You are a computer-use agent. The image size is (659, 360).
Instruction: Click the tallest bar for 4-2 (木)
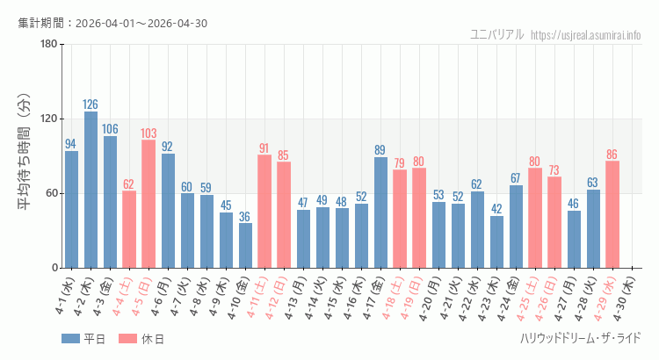coord(91,190)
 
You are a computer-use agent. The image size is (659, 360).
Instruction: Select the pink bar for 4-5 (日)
coord(148,204)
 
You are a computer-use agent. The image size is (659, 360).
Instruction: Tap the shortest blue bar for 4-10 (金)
coord(245,245)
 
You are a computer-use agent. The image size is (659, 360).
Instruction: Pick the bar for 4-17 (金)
coord(380,212)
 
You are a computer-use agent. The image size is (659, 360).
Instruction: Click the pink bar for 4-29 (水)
coord(612,214)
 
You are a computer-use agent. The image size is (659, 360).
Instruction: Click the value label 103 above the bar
coord(148,133)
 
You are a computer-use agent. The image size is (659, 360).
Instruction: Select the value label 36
coord(245,217)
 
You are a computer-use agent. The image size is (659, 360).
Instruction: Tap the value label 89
coord(380,150)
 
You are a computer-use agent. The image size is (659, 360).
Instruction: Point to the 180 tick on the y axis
coord(48,45)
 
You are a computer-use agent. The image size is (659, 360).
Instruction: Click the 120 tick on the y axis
coord(48,119)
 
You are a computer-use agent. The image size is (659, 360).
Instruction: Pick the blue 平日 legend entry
coord(83,338)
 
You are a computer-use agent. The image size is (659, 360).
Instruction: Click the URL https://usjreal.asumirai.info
coord(586,34)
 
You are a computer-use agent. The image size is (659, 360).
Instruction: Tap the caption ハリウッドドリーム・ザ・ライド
coord(580,338)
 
